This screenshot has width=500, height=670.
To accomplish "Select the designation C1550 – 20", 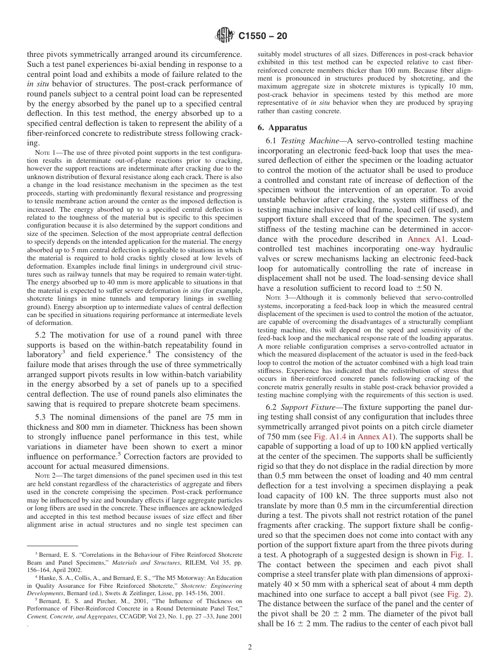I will click(x=263, y=36).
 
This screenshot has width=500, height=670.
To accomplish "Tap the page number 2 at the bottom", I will click(x=250, y=647).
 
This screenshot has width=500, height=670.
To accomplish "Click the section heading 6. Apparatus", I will click(x=283, y=127).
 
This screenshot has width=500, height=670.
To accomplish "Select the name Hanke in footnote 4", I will click(x=46, y=577).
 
